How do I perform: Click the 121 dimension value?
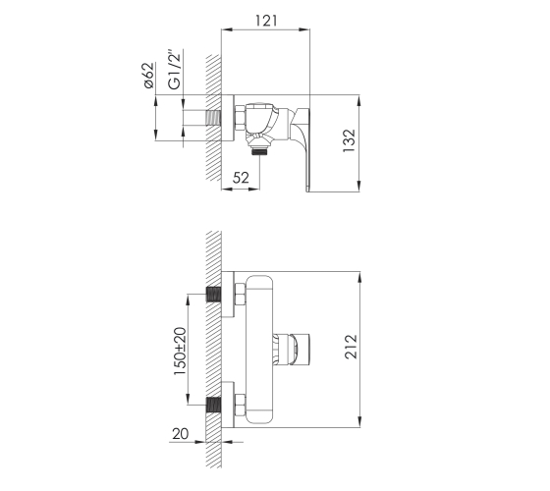(x=266, y=21)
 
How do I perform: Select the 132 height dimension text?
(x=349, y=141)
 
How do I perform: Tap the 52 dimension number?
(x=241, y=178)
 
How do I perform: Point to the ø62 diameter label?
(x=148, y=75)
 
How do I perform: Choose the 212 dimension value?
(x=351, y=347)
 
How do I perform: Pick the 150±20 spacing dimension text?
(x=180, y=351)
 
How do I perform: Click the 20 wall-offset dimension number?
(x=181, y=434)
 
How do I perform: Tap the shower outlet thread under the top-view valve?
(x=259, y=151)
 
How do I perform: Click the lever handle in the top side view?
(x=302, y=147)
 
